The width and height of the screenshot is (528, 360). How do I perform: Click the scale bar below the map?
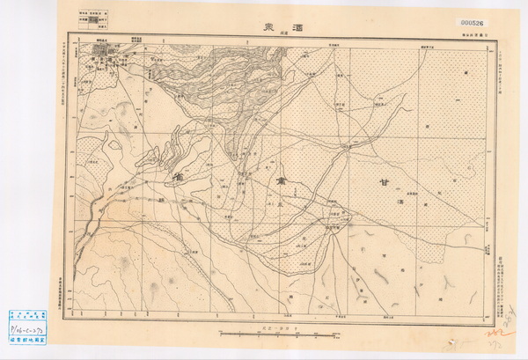click(262, 335)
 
